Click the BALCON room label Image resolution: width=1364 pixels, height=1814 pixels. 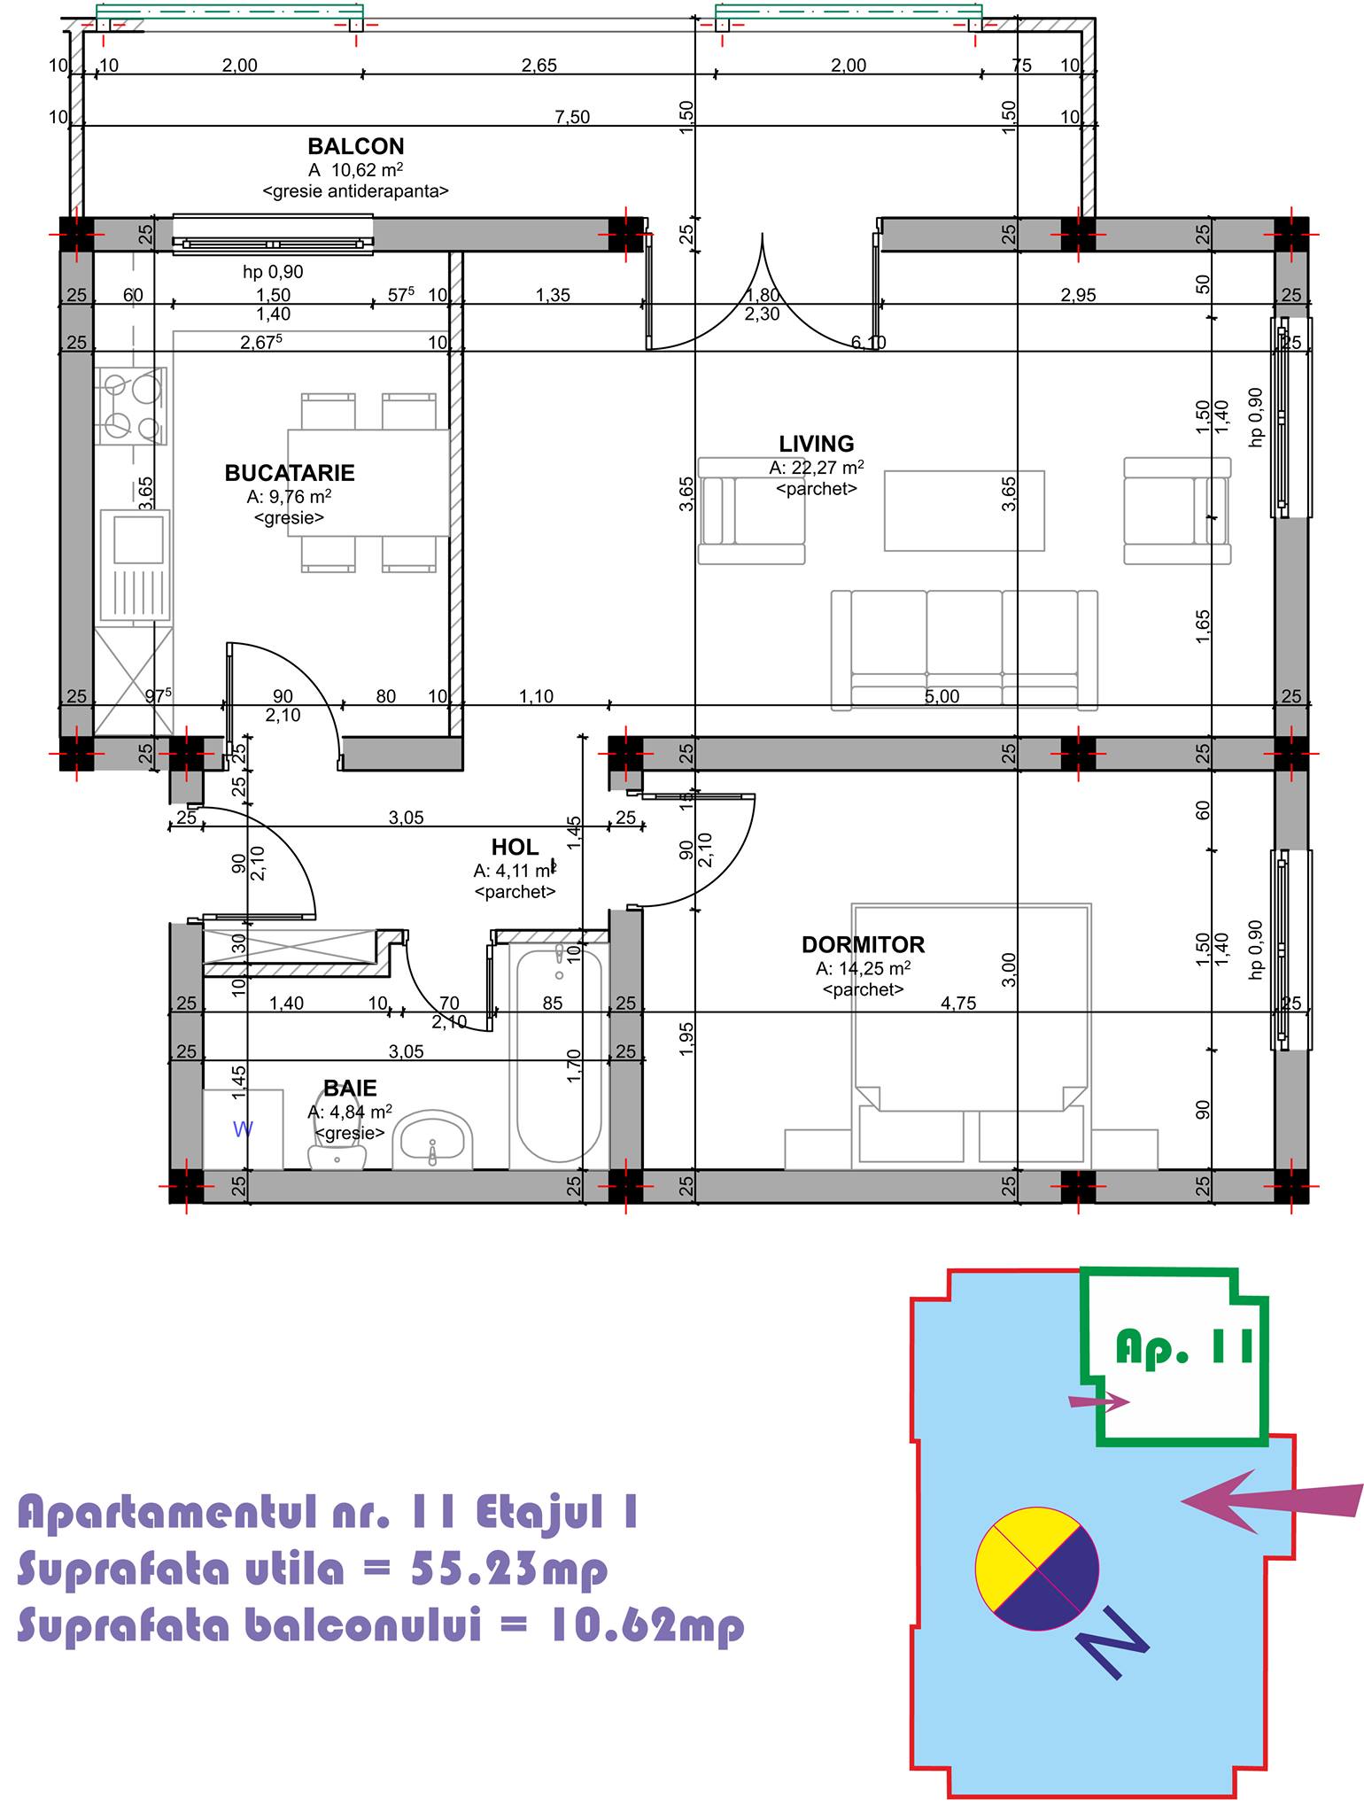[x=356, y=146]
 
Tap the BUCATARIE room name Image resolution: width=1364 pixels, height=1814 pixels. [x=290, y=473]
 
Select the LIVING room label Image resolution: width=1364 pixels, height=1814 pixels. [x=817, y=444]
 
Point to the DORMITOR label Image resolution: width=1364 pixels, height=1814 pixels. [x=864, y=945]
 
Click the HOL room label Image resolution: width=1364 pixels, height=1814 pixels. [x=515, y=848]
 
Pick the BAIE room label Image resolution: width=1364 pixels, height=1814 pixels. [x=350, y=1089]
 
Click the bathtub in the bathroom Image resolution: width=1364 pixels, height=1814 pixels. [x=557, y=1056]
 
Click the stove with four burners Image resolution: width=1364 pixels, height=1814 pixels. [x=132, y=407]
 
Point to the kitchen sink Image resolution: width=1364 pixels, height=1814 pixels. [x=134, y=565]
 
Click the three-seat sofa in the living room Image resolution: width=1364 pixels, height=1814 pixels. [x=965, y=650]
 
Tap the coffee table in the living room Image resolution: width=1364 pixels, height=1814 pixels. [x=965, y=510]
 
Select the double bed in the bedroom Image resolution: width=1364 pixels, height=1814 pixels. [x=972, y=1036]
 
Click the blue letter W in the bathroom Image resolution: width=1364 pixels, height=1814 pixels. [x=243, y=1129]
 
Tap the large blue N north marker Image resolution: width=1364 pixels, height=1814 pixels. [x=1112, y=1642]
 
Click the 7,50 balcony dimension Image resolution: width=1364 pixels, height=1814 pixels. [x=572, y=117]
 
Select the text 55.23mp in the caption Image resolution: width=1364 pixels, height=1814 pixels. [x=510, y=1570]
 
